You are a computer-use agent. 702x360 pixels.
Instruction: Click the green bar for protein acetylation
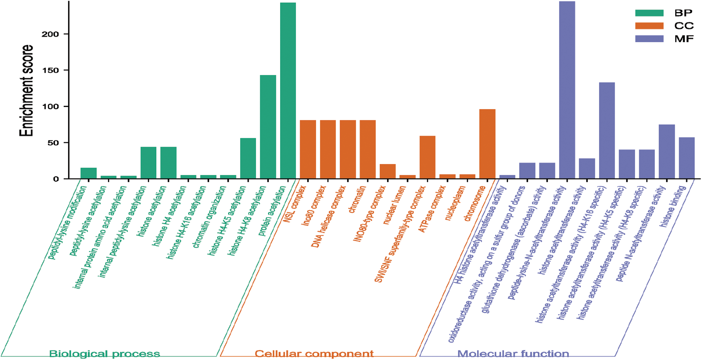(x=288, y=91)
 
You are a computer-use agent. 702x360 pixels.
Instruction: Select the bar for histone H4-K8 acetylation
(x=268, y=127)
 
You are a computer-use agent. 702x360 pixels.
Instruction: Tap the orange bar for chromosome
(x=487, y=144)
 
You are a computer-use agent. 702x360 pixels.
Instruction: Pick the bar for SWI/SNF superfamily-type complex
(x=427, y=157)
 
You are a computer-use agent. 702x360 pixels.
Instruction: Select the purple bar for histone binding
(x=686, y=158)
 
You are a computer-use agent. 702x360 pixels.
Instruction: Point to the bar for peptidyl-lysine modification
(x=88, y=173)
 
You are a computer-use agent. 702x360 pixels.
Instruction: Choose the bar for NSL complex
(x=308, y=149)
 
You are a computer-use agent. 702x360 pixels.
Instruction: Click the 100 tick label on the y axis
(x=50, y=107)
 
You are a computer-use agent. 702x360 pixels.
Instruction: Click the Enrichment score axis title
(x=26, y=91)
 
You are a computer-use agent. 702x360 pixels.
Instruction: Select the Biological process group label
(x=104, y=353)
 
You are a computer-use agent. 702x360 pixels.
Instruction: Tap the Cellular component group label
(x=314, y=353)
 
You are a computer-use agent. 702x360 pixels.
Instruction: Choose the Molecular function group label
(x=513, y=353)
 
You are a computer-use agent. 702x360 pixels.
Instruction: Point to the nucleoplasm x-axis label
(x=455, y=203)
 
